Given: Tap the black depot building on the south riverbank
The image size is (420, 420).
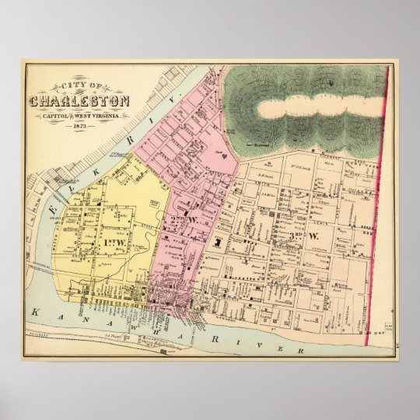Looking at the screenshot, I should pos(163,352).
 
